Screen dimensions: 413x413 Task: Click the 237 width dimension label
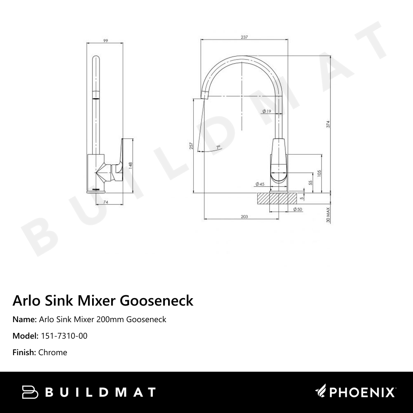pos(244,38)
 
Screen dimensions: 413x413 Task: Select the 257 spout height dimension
pos(191,146)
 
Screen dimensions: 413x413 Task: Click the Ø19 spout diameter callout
pos(266,112)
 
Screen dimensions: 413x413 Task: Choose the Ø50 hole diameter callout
pos(297,210)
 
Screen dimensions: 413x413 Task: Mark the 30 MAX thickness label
pos(328,215)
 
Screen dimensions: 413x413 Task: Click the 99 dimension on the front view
pos(105,40)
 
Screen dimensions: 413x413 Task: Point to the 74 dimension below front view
pos(105,202)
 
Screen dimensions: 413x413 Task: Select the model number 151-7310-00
pos(64,336)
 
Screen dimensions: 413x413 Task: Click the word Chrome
pos(52,353)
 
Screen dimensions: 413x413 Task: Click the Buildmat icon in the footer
pos(30,392)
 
